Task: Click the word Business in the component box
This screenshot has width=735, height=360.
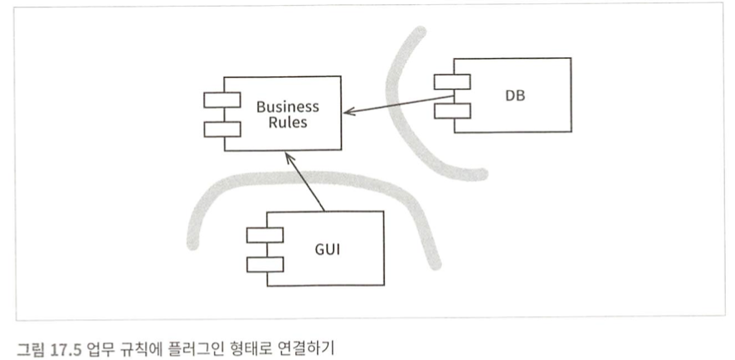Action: pyautogui.click(x=287, y=107)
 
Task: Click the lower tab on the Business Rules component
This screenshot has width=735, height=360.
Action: pyautogui.click(x=222, y=129)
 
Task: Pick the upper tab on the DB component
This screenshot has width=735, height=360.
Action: pyautogui.click(x=452, y=82)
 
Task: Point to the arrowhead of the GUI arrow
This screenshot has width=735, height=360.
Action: pyautogui.click(x=287, y=155)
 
